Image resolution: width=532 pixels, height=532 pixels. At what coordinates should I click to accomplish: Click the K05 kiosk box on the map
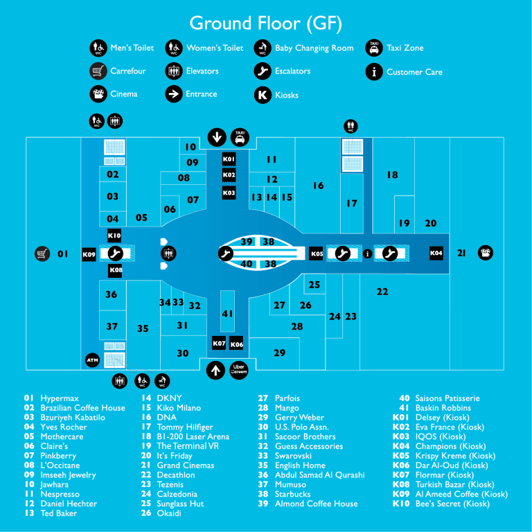pyautogui.click(x=316, y=254)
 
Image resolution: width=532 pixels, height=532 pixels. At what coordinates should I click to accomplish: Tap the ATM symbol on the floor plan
pyautogui.click(x=92, y=360)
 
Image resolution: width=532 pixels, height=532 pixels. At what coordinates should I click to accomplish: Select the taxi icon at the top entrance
pyautogui.click(x=240, y=137)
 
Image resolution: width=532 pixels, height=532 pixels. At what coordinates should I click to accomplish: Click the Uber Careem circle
pyautogui.click(x=239, y=370)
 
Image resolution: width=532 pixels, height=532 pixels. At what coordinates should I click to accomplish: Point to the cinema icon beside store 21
pyautogui.click(x=486, y=253)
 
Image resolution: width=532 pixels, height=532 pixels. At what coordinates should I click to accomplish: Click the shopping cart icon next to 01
pyautogui.click(x=42, y=254)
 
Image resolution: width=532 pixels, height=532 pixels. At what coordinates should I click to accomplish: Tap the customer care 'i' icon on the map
pyautogui.click(x=367, y=254)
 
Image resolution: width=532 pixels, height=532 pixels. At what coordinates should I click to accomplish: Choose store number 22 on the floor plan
pyautogui.click(x=382, y=292)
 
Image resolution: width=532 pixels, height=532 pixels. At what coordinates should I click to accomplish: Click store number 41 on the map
pyautogui.click(x=227, y=314)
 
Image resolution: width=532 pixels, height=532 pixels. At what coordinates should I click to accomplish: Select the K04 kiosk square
pyautogui.click(x=436, y=253)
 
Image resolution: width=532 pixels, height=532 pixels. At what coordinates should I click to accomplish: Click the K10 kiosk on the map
pyautogui.click(x=114, y=236)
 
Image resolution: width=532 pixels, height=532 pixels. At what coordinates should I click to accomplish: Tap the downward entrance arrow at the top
pyautogui.click(x=217, y=137)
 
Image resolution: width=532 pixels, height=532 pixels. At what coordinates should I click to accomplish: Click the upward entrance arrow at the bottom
pyautogui.click(x=216, y=370)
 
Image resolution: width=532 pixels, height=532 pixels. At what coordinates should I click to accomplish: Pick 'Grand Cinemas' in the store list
pyautogui.click(x=186, y=465)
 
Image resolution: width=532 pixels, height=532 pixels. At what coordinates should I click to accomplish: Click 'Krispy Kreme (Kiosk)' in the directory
pyautogui.click(x=455, y=456)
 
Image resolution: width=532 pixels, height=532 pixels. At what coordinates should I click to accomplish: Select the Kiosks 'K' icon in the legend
pyautogui.click(x=263, y=95)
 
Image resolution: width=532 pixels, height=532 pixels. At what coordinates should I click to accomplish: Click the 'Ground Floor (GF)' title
pyautogui.click(x=266, y=24)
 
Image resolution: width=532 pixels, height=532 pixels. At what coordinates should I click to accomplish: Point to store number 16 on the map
pyautogui.click(x=318, y=186)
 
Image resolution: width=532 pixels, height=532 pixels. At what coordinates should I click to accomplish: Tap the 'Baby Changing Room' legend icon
pyautogui.click(x=263, y=48)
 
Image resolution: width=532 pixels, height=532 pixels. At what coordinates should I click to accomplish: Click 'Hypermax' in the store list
pyautogui.click(x=60, y=398)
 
